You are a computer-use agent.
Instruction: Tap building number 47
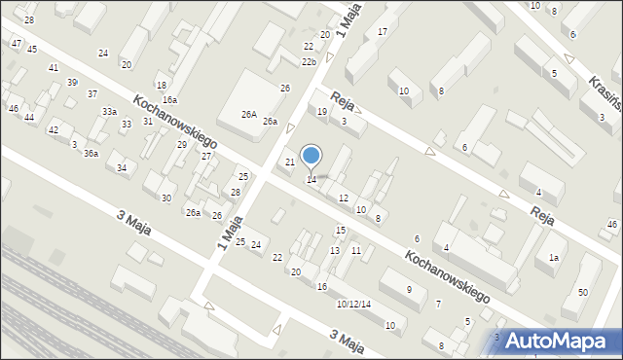click(x=17, y=44)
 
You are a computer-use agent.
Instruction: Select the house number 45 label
click(x=32, y=50)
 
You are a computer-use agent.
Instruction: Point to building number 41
click(x=54, y=67)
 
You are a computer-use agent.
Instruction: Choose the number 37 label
click(x=92, y=94)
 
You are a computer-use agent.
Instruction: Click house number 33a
click(x=109, y=112)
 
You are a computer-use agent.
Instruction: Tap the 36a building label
click(x=91, y=154)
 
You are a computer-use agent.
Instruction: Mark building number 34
click(x=121, y=168)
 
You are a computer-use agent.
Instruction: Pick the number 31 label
click(x=148, y=122)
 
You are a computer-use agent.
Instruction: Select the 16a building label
click(x=169, y=100)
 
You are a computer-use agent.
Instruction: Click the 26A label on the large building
click(x=249, y=115)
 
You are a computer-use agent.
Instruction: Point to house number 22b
click(x=308, y=62)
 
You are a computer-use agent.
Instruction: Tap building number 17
click(x=383, y=32)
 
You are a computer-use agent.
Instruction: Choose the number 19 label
click(x=322, y=112)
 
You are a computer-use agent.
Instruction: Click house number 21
click(x=289, y=162)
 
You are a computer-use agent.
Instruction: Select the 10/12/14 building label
click(x=353, y=304)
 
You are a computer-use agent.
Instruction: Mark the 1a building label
click(x=553, y=258)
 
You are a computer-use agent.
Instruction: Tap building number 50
click(x=582, y=293)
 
